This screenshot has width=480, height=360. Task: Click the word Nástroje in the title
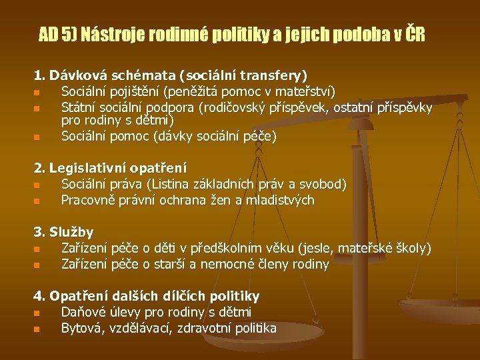[113, 34]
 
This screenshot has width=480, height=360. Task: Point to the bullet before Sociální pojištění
[37, 93]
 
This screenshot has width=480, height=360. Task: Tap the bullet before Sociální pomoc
[37, 137]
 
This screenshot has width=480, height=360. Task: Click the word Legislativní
[87, 169]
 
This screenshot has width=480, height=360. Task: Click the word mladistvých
[280, 201]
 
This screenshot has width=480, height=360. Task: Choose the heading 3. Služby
[63, 233]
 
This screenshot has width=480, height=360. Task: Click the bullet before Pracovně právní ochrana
[37, 201]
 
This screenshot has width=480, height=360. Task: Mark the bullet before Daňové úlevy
[37, 313]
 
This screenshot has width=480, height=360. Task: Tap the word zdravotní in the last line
[203, 328]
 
